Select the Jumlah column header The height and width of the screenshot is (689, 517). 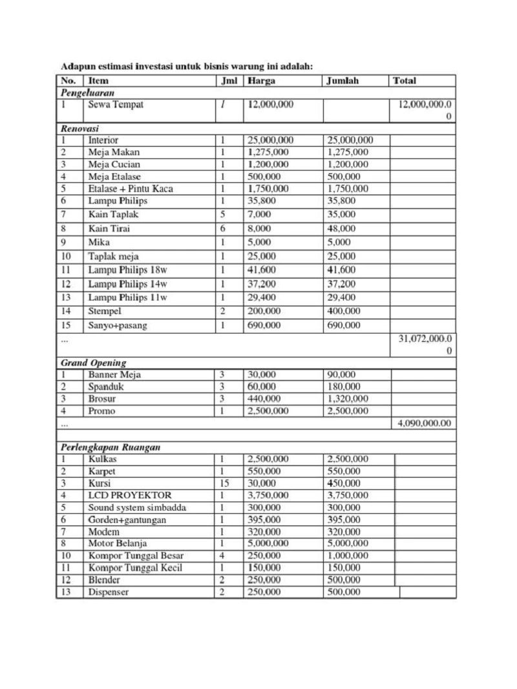pyautogui.click(x=342, y=81)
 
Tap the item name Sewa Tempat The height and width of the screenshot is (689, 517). pyautogui.click(x=116, y=104)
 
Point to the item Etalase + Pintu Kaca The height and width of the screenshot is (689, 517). pyautogui.click(x=131, y=189)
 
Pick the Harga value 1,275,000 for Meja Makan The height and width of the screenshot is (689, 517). pyautogui.click(x=268, y=152)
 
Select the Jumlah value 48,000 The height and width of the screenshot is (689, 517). pyautogui.click(x=341, y=228)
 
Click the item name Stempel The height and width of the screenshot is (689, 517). pyautogui.click(x=105, y=311)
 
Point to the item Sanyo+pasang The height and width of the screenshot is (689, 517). pyautogui.click(x=118, y=325)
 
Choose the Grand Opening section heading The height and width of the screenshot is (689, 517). pyautogui.click(x=94, y=363)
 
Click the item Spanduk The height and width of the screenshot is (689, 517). pyautogui.click(x=106, y=387)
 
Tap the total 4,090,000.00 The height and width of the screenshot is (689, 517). pyautogui.click(x=422, y=423)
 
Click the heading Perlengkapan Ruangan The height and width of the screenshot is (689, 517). pyautogui.click(x=111, y=447)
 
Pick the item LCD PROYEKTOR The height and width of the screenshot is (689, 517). pyautogui.click(x=130, y=495)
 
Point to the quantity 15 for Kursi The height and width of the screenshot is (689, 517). pyautogui.click(x=224, y=483)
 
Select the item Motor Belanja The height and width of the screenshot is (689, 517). pyautogui.click(x=117, y=544)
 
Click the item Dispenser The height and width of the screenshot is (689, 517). pyautogui.click(x=108, y=591)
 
